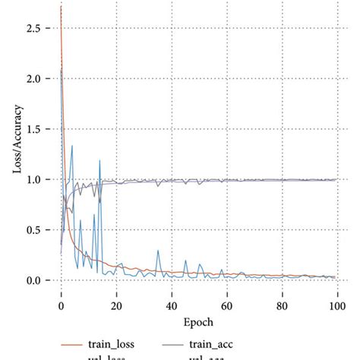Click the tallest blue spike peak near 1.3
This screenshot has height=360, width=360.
pos(72,146)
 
